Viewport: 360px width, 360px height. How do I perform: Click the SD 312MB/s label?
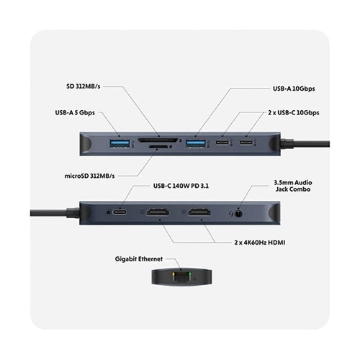(x=83, y=86)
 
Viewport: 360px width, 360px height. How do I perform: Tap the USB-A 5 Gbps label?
(x=75, y=112)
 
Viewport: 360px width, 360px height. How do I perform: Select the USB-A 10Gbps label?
(x=294, y=89)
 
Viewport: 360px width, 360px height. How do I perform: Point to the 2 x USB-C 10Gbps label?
(x=294, y=112)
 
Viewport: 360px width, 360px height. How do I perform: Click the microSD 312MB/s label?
(x=89, y=176)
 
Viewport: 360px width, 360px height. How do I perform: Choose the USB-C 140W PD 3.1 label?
(x=181, y=186)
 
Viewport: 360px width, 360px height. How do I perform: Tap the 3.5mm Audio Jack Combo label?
(x=293, y=186)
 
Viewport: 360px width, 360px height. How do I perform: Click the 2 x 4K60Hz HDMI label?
(x=260, y=243)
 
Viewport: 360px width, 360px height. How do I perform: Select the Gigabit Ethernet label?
(x=139, y=259)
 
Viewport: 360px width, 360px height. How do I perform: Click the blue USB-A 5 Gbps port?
(x=120, y=143)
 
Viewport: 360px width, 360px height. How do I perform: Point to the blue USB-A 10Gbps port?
(x=196, y=143)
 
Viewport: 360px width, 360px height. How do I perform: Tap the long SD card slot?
(x=158, y=140)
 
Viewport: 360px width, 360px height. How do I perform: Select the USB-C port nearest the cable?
(x=246, y=143)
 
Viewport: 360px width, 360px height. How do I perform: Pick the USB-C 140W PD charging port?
(x=120, y=212)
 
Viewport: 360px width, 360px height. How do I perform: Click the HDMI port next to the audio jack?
(x=199, y=212)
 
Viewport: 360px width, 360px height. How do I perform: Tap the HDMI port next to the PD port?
(x=158, y=212)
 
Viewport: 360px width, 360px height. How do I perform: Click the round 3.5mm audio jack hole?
(x=238, y=213)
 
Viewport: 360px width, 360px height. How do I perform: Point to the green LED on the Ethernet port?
(x=190, y=274)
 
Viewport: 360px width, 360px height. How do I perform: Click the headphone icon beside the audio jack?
(x=231, y=213)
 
